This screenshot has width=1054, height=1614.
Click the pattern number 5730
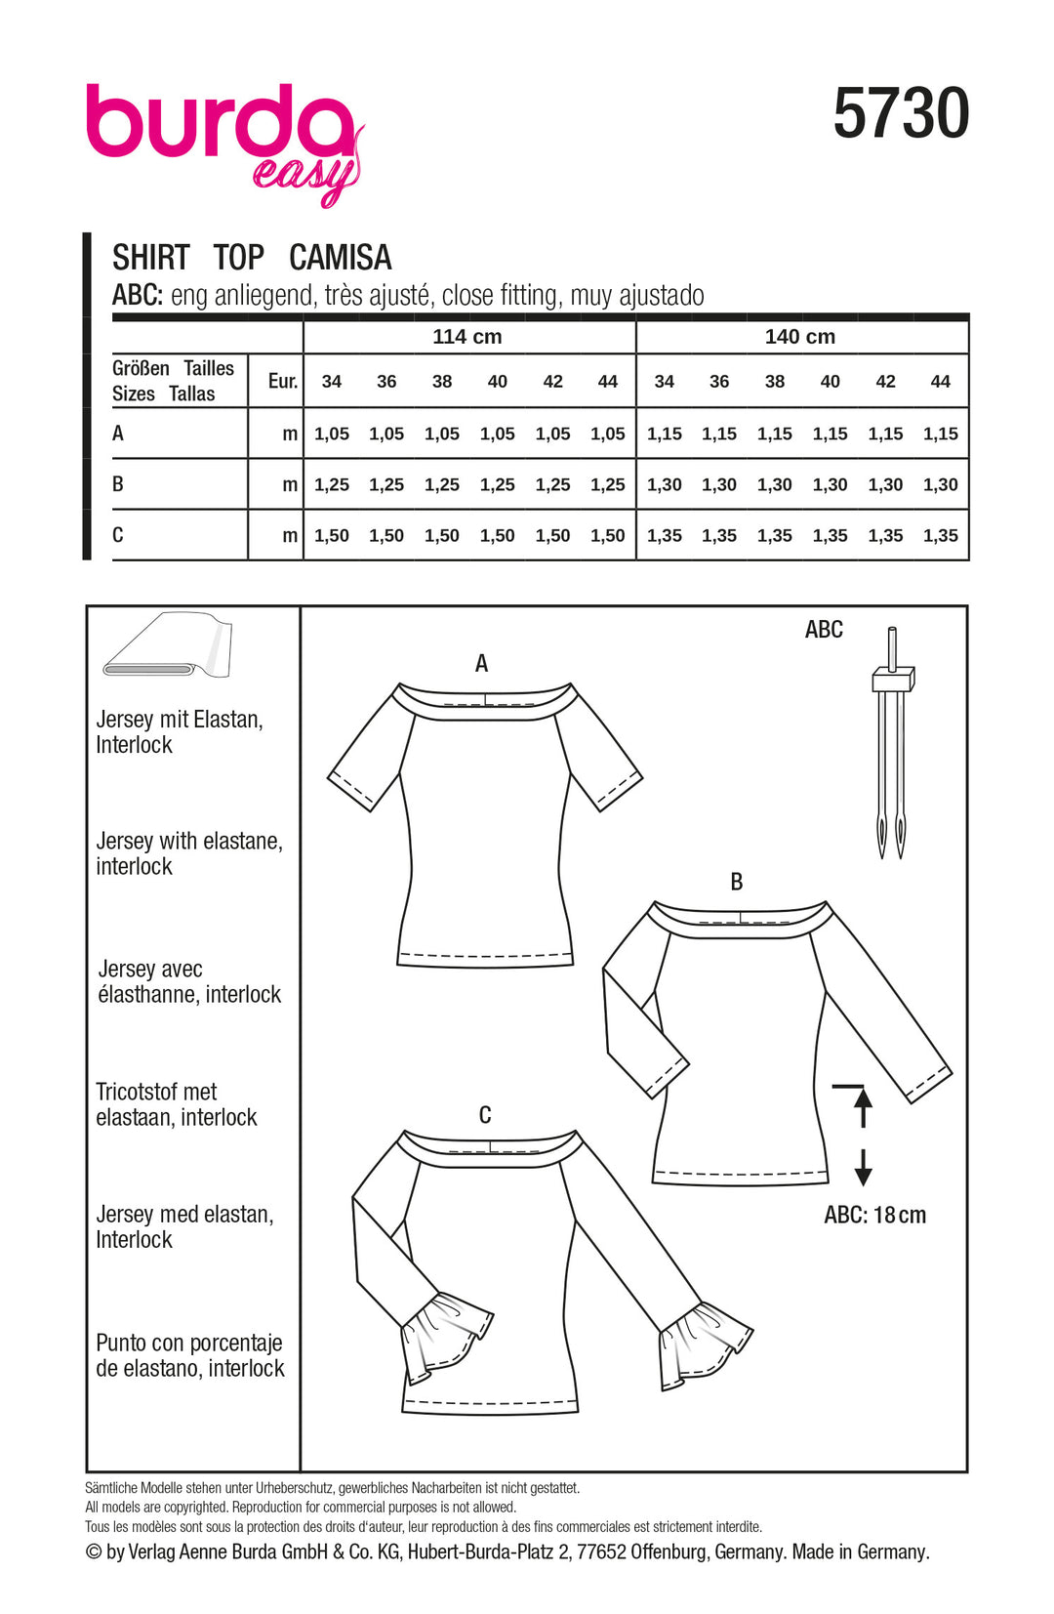click(x=901, y=114)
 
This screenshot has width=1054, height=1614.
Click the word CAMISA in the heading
click(x=341, y=258)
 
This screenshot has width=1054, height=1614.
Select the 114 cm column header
click(x=467, y=337)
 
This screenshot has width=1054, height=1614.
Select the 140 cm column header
click(x=800, y=337)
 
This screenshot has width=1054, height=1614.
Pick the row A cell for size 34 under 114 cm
click(x=332, y=434)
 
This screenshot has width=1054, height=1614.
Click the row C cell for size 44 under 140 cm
click(x=941, y=535)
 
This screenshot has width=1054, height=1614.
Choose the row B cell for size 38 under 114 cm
click(x=442, y=484)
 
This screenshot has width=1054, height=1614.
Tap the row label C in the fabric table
click(x=118, y=535)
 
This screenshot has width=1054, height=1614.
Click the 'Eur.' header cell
click(x=283, y=381)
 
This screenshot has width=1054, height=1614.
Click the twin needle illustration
click(x=891, y=742)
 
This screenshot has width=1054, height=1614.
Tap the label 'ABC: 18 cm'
click(x=874, y=1216)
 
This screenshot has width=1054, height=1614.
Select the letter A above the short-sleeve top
click(x=481, y=664)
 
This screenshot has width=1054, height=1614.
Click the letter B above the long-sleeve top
click(x=737, y=882)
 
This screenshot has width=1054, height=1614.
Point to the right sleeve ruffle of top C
click(x=705, y=1344)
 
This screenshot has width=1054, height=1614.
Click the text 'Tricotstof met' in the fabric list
click(x=156, y=1092)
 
